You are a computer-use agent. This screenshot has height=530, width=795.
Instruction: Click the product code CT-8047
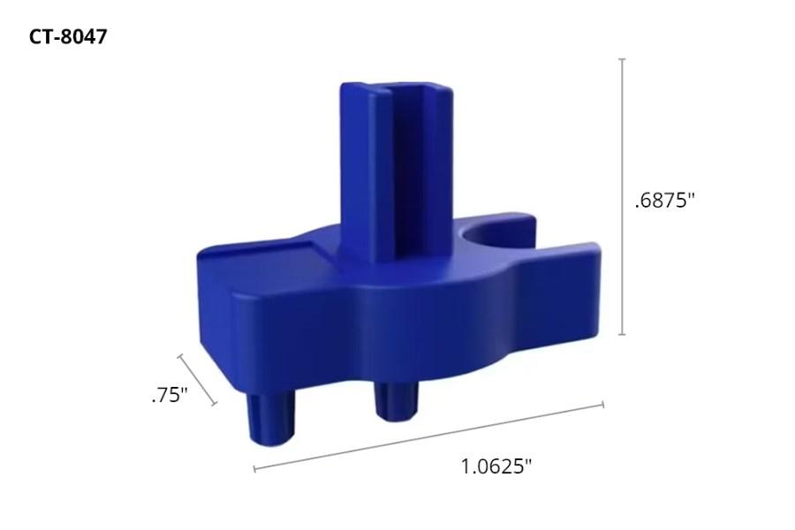[68, 37]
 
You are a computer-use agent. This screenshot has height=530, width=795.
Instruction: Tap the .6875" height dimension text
[664, 201]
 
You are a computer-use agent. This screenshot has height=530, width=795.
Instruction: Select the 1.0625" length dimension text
[496, 466]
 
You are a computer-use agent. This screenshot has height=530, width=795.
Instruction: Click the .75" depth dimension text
[170, 395]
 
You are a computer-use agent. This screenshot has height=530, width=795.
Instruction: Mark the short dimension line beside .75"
[198, 380]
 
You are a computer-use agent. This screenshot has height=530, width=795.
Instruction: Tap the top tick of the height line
[623, 59]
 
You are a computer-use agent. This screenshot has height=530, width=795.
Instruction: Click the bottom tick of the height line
[623, 334]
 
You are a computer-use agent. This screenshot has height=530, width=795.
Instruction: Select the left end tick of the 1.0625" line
[254, 469]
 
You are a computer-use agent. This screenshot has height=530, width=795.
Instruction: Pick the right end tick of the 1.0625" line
[602, 405]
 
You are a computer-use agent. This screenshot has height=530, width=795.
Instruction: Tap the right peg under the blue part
[395, 402]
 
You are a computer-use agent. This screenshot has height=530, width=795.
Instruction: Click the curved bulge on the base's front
[415, 318]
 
